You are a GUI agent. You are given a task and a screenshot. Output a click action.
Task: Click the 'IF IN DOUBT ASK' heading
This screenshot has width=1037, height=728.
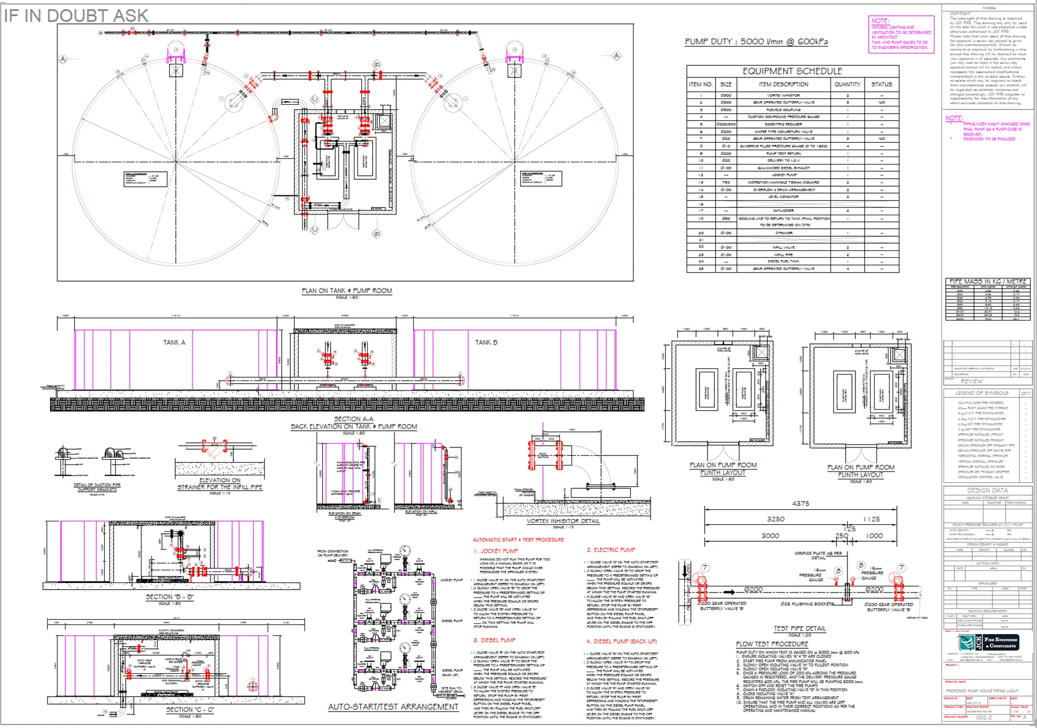76,15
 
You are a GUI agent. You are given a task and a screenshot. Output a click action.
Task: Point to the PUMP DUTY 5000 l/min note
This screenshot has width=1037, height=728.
756,42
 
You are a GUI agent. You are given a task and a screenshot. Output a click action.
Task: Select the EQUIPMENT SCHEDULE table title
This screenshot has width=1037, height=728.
792,71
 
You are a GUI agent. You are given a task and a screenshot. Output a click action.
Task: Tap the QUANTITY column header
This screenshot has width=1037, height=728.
847,84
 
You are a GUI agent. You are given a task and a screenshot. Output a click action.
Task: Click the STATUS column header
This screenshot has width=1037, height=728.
881,84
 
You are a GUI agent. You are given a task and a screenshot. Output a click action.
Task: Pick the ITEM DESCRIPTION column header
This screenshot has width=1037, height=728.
783,84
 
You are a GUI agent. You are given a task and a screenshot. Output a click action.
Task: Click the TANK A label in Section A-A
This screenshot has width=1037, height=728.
174,343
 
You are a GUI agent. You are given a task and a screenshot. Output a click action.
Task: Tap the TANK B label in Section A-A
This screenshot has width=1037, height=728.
486,343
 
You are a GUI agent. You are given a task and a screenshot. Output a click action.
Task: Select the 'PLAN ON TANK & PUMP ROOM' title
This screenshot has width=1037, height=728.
347,291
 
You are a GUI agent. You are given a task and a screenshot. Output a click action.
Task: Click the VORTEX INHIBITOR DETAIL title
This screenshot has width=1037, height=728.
563,521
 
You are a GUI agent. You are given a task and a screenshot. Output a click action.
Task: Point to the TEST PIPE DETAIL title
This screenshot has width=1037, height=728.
799,628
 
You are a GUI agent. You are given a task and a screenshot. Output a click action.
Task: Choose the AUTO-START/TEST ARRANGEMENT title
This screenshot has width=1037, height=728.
393,707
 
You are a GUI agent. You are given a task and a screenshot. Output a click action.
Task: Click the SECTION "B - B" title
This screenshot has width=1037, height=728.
170,597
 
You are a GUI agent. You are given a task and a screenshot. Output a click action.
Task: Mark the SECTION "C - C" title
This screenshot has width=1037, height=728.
190,710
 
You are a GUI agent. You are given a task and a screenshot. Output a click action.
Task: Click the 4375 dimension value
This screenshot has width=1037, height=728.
800,504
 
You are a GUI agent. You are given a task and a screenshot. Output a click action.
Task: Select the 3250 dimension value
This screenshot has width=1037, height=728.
775,519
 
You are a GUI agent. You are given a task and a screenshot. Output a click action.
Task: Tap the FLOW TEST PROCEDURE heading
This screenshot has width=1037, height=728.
772,644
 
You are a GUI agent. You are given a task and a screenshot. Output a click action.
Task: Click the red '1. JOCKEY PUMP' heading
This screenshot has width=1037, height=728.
496,551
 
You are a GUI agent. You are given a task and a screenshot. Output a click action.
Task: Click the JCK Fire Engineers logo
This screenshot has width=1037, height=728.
989,643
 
